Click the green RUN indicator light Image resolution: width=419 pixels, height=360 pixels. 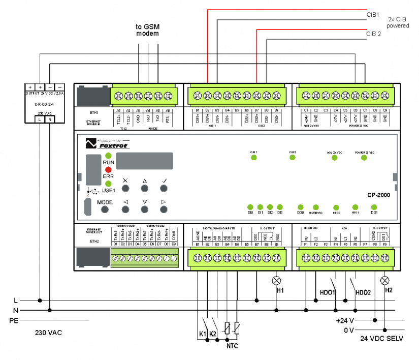(108, 156)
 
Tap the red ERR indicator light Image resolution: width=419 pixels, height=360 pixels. (108, 169)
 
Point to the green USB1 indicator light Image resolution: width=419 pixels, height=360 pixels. (108, 184)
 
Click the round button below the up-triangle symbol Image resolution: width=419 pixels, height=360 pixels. (145, 188)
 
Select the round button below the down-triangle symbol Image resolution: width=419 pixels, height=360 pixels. (145, 209)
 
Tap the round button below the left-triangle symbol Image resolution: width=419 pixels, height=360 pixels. (125, 209)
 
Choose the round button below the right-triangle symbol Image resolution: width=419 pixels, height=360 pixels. (164, 209)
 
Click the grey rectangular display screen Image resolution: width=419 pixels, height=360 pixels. (145, 161)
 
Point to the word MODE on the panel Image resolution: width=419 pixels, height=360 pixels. (105, 202)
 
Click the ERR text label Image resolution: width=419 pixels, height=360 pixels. (108, 176)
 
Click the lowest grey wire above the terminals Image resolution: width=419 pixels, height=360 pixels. (315, 40)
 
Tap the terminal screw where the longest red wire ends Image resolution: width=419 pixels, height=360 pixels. (208, 96)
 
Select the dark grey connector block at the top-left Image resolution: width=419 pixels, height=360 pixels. (93, 96)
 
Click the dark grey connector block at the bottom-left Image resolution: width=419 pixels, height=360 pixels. (93, 257)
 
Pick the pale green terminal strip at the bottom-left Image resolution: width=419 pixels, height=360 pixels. (145, 258)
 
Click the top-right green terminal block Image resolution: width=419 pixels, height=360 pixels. (345, 96)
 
